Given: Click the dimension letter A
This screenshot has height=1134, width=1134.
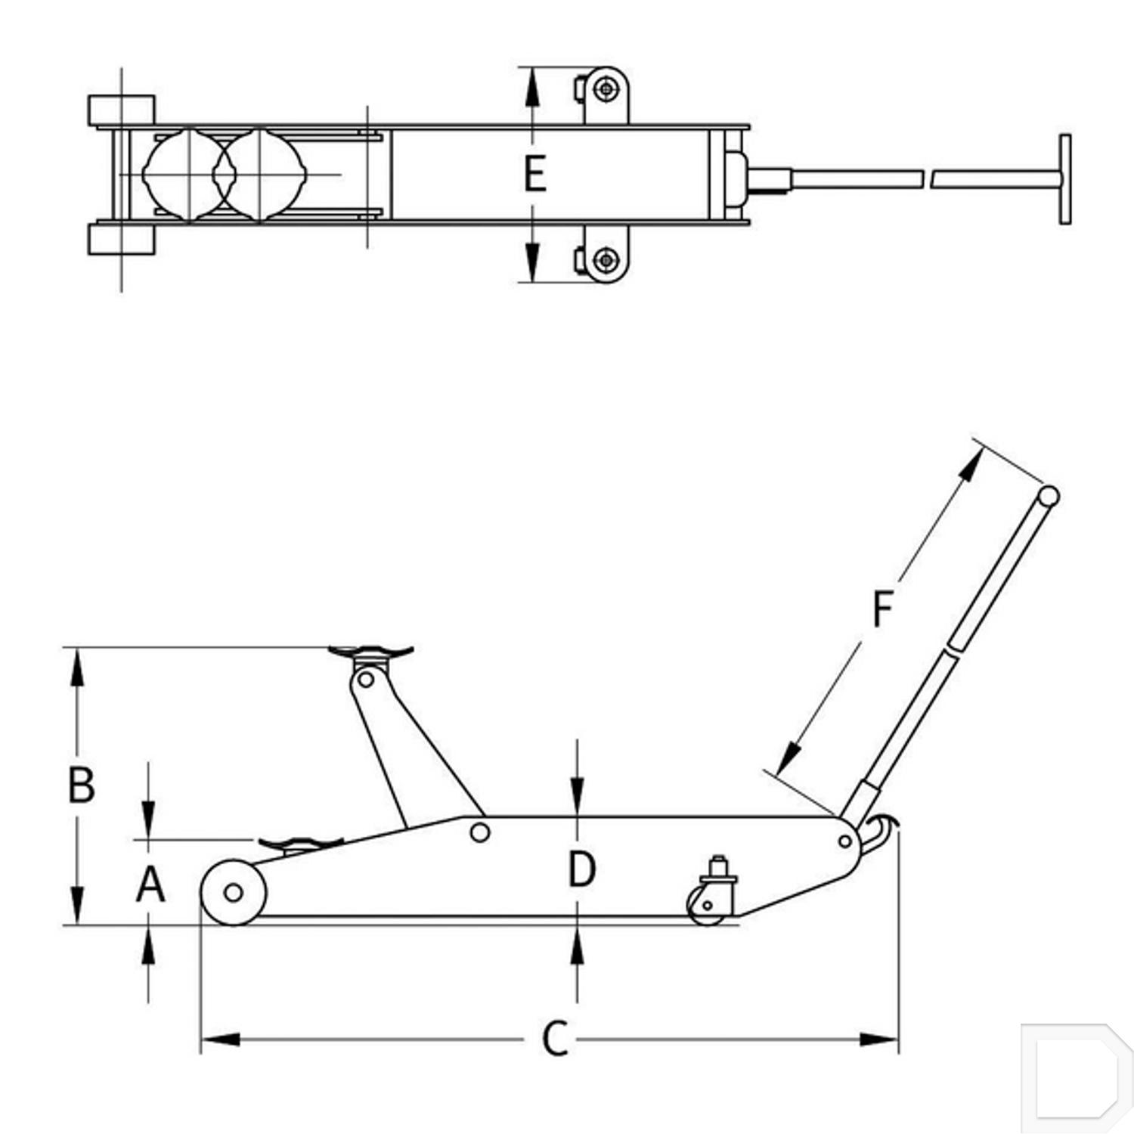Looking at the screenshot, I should pyautogui.click(x=150, y=884).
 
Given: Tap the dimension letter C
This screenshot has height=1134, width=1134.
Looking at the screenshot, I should pyautogui.click(x=555, y=1039).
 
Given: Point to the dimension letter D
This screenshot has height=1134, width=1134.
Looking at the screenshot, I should pyautogui.click(x=581, y=869).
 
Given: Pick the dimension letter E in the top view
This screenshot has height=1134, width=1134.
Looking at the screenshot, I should pyautogui.click(x=535, y=174).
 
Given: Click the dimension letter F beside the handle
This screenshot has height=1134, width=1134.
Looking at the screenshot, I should pyautogui.click(x=883, y=609).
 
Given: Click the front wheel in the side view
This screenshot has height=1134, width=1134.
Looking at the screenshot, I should pyautogui.click(x=234, y=893).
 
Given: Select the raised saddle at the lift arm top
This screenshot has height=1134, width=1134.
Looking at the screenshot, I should pyautogui.click(x=370, y=652).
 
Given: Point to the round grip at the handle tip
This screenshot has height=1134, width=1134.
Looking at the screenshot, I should pyautogui.click(x=1048, y=496).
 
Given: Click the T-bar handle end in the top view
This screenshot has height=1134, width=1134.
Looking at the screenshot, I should pyautogui.click(x=1064, y=179).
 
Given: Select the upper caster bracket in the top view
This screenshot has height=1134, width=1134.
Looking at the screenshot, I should pyautogui.click(x=606, y=94).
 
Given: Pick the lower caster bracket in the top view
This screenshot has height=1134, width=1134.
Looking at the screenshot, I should pyautogui.click(x=606, y=257).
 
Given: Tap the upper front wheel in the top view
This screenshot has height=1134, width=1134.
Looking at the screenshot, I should pyautogui.click(x=122, y=110).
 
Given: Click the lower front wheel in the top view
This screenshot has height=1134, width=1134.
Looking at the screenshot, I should pyautogui.click(x=122, y=239).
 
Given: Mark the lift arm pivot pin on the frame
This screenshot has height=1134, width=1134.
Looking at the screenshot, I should pyautogui.click(x=479, y=832).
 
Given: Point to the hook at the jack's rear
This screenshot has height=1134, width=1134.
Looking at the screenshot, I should pyautogui.click(x=882, y=832).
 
